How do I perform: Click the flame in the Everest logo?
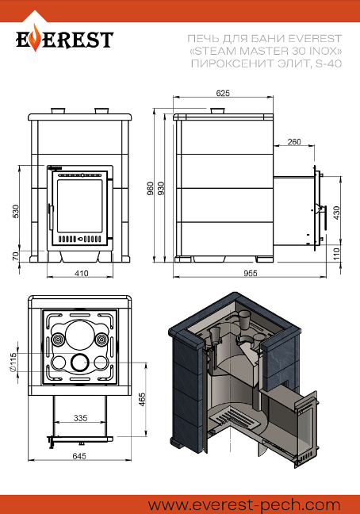pyautogui.click(x=36, y=40)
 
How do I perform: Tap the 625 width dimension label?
pyautogui.click(x=223, y=93)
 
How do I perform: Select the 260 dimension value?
pyautogui.click(x=294, y=142)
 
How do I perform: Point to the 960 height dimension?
pyautogui.click(x=151, y=188)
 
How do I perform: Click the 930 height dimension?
pyautogui.click(x=161, y=188)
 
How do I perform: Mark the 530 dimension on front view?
pyautogui.click(x=15, y=211)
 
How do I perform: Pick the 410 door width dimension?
pyautogui.click(x=81, y=273)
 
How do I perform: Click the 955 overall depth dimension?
pyautogui.click(x=251, y=273)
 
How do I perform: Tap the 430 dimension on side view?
pyautogui.click(x=336, y=213)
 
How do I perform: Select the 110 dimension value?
pyautogui.click(x=336, y=254)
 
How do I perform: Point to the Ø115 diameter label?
pyautogui.click(x=13, y=362)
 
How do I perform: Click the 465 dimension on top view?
pyautogui.click(x=142, y=399)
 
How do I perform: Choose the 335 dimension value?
pyautogui.click(x=80, y=418)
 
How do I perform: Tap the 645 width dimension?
pyautogui.click(x=79, y=456)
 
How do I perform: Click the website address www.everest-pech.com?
pyautogui.click(x=244, y=504)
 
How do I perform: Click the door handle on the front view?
pyautogui.click(x=51, y=217)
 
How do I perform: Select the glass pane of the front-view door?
pyautogui.click(x=80, y=206)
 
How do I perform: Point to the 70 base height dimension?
pyautogui.click(x=15, y=256)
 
